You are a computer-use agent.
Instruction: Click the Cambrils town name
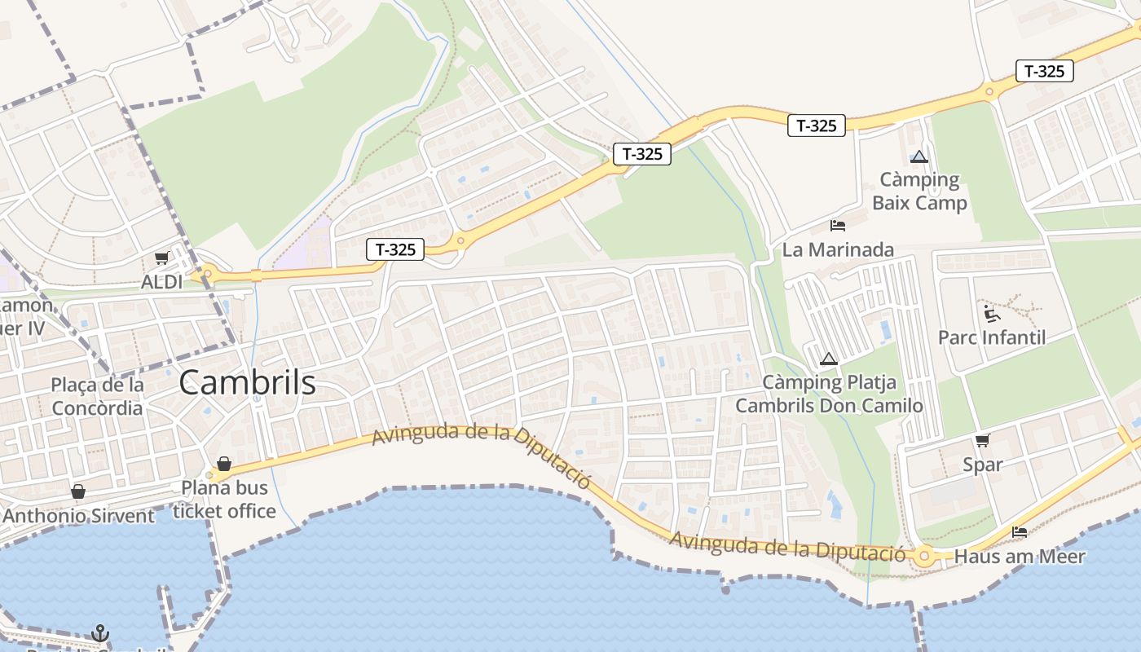tap(247, 382)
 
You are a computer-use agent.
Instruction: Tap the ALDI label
tap(161, 281)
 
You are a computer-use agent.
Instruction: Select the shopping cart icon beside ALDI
tap(161, 258)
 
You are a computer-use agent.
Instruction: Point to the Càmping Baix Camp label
tap(919, 191)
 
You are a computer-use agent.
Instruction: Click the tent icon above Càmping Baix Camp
tap(919, 156)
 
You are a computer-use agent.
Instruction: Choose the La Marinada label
tap(838, 249)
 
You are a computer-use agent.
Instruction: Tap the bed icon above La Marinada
tap(837, 225)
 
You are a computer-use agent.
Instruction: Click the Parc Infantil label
tap(991, 337)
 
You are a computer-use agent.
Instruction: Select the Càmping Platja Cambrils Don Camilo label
tap(829, 394)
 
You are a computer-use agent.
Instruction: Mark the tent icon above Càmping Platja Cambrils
tap(829, 359)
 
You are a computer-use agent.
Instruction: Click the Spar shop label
tap(982, 465)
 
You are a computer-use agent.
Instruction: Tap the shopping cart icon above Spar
tap(982, 441)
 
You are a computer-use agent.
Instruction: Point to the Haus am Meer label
tap(1019, 557)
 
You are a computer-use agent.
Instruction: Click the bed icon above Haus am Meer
tap(1019, 532)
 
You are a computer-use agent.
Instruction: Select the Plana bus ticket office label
tap(224, 500)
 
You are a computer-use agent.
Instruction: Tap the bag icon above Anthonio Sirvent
tap(78, 491)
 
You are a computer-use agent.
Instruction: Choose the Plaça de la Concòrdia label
tap(97, 396)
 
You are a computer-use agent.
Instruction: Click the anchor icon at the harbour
tap(99, 632)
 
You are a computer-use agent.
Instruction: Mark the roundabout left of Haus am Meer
tap(923, 557)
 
